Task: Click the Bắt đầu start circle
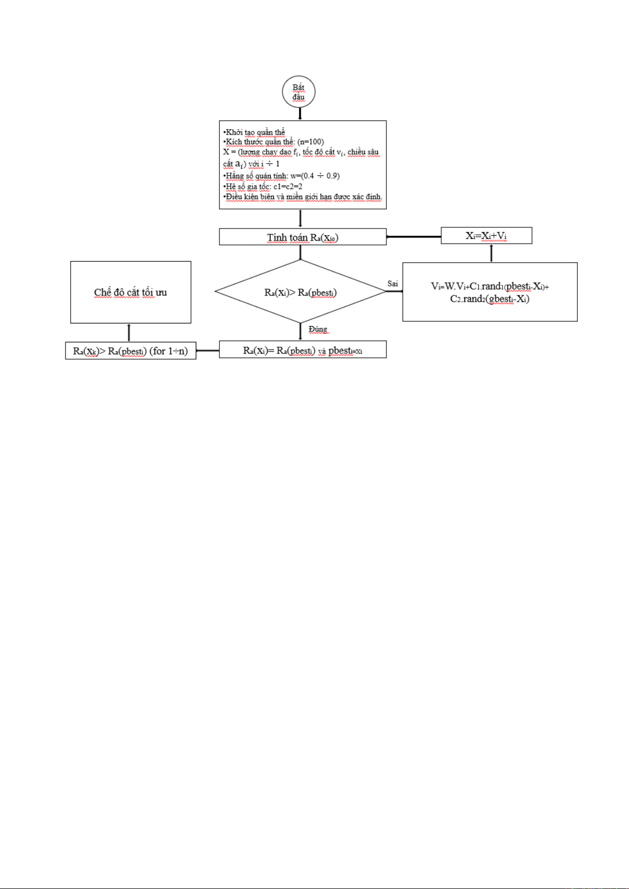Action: [x=299, y=92]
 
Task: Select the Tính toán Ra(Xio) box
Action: [x=302, y=237]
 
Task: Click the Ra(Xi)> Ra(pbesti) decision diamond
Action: [x=300, y=292]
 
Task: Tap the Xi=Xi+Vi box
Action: [x=486, y=235]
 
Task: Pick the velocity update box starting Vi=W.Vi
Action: [x=490, y=292]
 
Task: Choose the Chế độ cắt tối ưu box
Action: [x=130, y=292]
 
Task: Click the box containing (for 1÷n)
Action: [x=130, y=351]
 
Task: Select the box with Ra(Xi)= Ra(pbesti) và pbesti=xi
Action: [x=302, y=350]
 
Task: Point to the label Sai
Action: [x=393, y=284]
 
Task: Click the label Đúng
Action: [x=318, y=329]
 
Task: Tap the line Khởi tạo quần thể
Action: [x=255, y=132]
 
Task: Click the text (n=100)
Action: [x=311, y=142]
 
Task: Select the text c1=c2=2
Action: [x=288, y=186]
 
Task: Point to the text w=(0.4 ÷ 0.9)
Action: [x=315, y=176]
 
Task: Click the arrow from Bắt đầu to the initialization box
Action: [x=300, y=113]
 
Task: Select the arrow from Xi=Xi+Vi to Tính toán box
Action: [x=414, y=237]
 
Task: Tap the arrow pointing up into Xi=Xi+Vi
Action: [x=491, y=253]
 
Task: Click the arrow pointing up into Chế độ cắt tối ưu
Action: [x=129, y=332]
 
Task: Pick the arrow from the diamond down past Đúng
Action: [x=300, y=331]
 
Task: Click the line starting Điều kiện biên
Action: [x=303, y=197]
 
